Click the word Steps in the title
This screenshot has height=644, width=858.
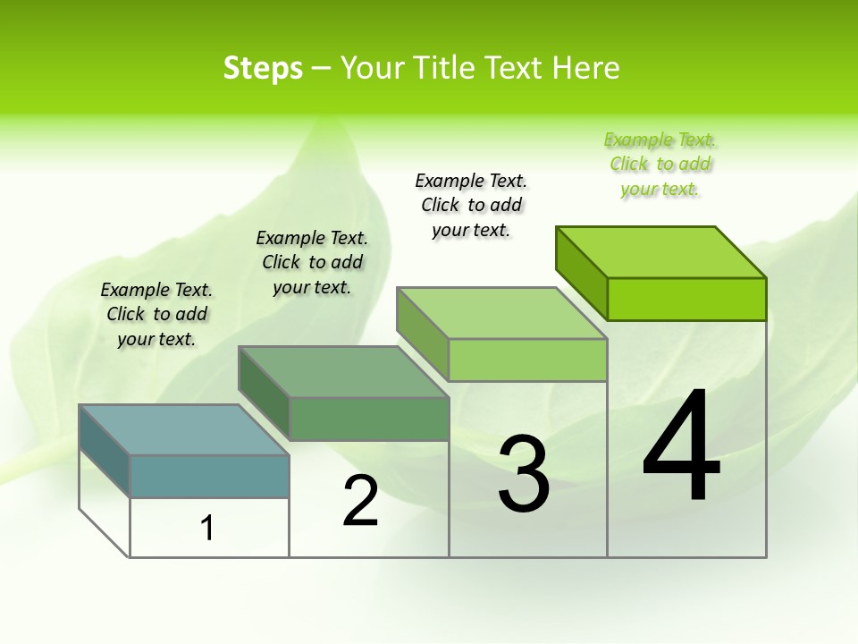(263, 68)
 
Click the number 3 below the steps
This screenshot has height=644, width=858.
(524, 474)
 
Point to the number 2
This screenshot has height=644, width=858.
(360, 501)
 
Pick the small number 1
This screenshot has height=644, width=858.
(207, 528)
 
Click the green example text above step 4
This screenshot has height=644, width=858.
(660, 165)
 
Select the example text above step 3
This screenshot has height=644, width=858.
(472, 205)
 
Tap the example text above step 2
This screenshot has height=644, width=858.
(312, 262)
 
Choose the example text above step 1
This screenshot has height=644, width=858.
(156, 314)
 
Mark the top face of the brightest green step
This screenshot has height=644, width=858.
(661, 251)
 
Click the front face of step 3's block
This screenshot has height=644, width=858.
(527, 360)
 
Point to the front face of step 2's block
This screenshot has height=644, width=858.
(368, 419)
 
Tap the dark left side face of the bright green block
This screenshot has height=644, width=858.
(581, 272)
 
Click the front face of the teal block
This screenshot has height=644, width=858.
(209, 476)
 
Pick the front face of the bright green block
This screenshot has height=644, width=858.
(686, 299)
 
